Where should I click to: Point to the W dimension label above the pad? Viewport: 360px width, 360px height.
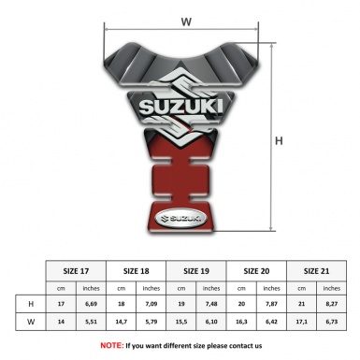(x=187, y=18)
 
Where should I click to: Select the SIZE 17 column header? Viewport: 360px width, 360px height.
(x=77, y=270)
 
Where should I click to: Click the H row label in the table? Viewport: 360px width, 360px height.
(x=31, y=304)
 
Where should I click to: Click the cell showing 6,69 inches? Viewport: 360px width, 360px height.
(x=91, y=304)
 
